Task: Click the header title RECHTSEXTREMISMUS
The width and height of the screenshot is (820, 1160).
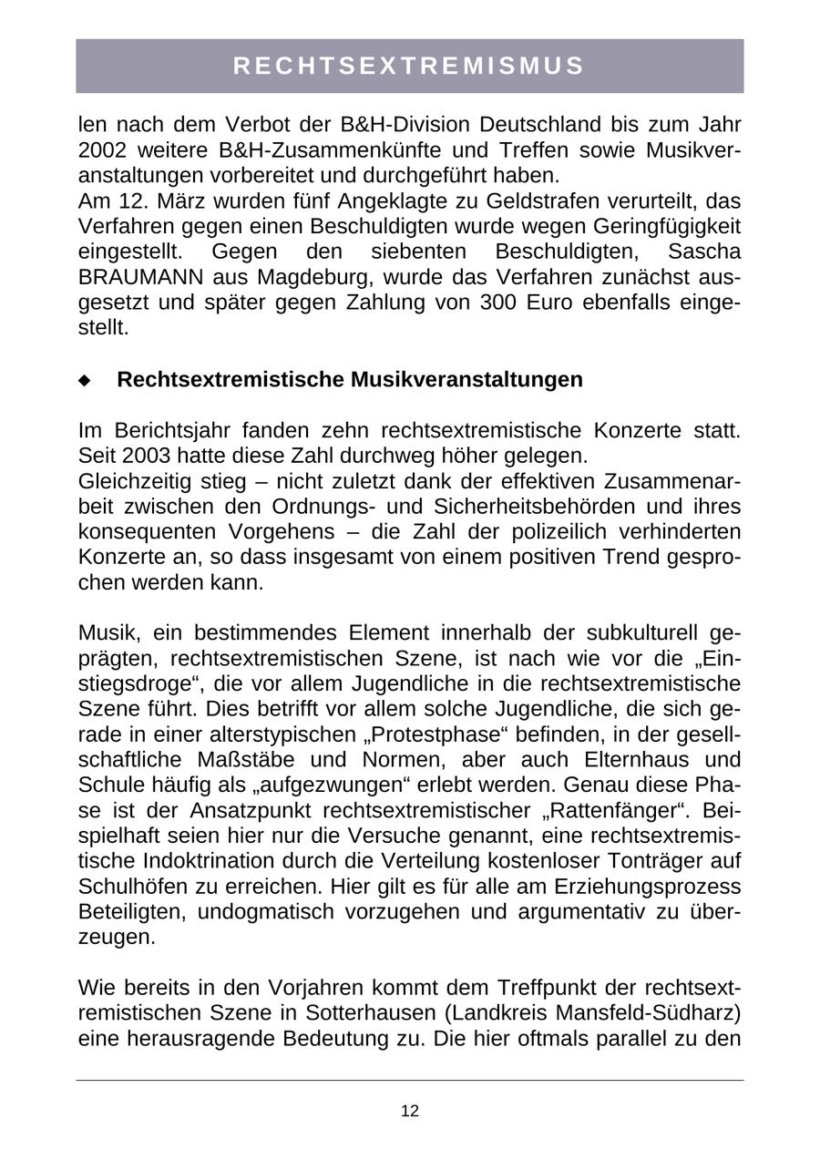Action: [409, 66]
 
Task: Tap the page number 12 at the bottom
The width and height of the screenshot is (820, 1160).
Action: [409, 1111]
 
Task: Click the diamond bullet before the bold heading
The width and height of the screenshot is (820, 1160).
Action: [86, 381]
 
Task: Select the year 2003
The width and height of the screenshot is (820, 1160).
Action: [151, 455]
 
